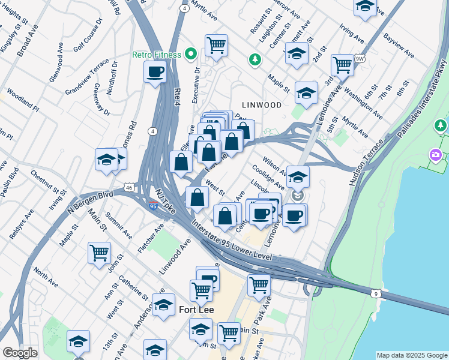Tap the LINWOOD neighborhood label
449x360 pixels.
pyautogui.click(x=261, y=104)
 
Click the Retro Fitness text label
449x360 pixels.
pyautogui.click(x=157, y=55)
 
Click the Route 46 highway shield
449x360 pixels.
pyautogui.click(x=130, y=188)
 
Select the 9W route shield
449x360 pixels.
pyautogui.click(x=360, y=58)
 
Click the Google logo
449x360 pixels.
pyautogui.click(x=20, y=353)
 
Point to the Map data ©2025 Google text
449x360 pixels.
pyautogui.click(x=411, y=355)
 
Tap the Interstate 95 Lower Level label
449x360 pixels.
pyautogui.click(x=232, y=242)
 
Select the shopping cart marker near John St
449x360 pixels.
pyautogui.click(x=99, y=252)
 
